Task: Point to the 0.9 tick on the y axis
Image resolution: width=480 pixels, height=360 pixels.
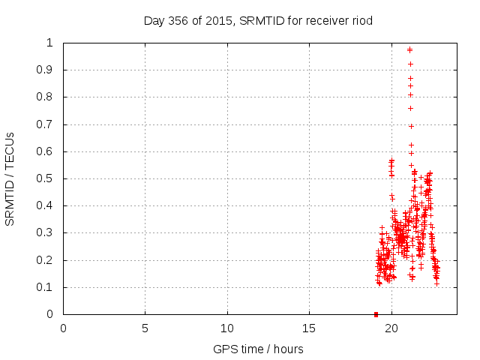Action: pos(49,70)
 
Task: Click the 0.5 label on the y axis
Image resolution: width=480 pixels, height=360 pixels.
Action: pos(49,178)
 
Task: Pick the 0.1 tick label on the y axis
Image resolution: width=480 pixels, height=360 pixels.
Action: pos(49,287)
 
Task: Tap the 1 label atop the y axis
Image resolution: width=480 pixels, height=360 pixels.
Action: pos(53,43)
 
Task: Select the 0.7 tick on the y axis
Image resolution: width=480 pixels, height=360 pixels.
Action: pos(49,124)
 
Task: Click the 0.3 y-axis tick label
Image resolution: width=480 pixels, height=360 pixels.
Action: pos(49,232)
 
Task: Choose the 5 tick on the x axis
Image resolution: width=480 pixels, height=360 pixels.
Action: pos(145,328)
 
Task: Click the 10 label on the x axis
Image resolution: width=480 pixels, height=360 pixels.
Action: pos(227,328)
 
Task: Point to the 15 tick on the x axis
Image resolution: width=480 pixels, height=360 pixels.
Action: pos(309,328)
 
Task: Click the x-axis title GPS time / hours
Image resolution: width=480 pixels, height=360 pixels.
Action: pos(258,349)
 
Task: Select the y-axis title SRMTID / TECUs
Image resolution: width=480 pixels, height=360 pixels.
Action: pos(10,178)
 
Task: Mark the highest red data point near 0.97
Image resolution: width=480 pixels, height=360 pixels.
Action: pos(409,49)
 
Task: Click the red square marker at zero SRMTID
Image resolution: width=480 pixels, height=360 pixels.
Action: pos(376,313)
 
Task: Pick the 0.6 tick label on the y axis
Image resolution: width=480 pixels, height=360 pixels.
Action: pos(49,151)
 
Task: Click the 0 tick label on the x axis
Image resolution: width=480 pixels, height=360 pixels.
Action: pos(63,328)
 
